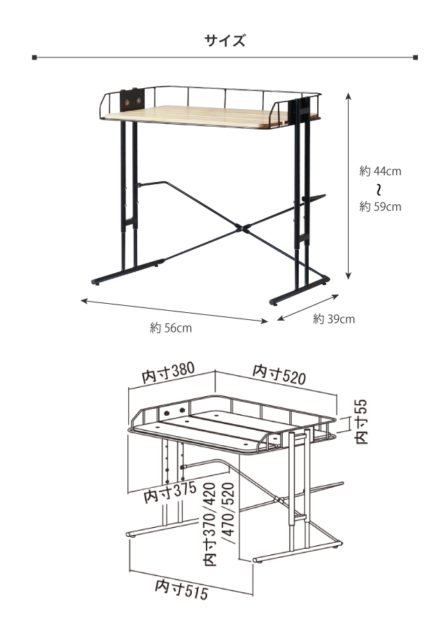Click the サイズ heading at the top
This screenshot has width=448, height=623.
pyautogui.click(x=225, y=41)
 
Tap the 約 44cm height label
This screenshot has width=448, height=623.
pyautogui.click(x=380, y=171)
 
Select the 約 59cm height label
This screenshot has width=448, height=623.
pyautogui.click(x=380, y=206)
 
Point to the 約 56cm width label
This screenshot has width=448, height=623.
pyautogui.click(x=171, y=328)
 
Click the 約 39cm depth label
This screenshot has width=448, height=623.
pyautogui.click(x=334, y=319)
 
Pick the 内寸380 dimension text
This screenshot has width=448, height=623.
pyautogui.click(x=168, y=372)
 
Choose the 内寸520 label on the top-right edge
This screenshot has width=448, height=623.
pyautogui.click(x=279, y=374)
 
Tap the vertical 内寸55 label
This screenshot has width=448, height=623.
pyautogui.click(x=361, y=422)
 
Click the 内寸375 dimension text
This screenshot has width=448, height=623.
pyautogui.click(x=170, y=492)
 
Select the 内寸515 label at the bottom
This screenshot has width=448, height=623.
pyautogui.click(x=181, y=589)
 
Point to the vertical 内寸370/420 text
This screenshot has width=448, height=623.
pyautogui.click(x=210, y=524)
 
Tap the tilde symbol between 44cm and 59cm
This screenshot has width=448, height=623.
pyautogui.click(x=380, y=190)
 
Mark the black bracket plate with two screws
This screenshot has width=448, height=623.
pyautogui.click(x=132, y=100)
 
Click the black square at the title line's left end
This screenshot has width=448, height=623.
pyautogui.click(x=34, y=57)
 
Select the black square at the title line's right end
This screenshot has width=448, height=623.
pyautogui.click(x=415, y=57)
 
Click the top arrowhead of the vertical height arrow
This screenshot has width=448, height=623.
pyautogui.click(x=349, y=95)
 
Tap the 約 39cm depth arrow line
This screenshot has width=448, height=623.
pyautogui.click(x=308, y=307)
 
